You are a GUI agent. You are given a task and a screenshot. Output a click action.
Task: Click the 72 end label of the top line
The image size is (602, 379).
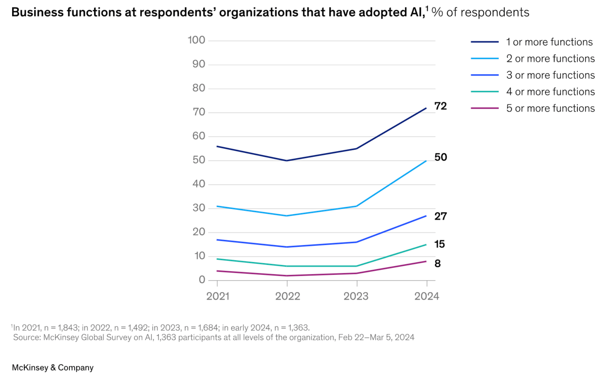(x=440, y=106)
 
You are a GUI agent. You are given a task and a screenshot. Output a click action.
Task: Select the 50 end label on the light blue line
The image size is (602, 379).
(x=440, y=158)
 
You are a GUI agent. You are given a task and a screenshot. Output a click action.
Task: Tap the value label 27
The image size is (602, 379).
(x=440, y=217)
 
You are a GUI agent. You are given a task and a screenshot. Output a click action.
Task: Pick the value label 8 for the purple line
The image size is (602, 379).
(x=438, y=264)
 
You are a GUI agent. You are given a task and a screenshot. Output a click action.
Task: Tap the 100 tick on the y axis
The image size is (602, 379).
(x=196, y=40)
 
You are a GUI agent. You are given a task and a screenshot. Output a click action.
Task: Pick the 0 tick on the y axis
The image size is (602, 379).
(x=202, y=280)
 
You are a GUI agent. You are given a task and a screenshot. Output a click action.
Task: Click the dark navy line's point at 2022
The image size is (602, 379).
(x=287, y=161)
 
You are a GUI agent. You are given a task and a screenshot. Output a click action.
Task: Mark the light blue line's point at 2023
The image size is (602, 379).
(x=357, y=206)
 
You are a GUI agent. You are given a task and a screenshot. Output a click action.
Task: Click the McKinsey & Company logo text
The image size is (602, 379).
(x=52, y=368)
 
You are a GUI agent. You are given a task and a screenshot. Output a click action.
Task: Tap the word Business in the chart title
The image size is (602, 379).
(x=34, y=13)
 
